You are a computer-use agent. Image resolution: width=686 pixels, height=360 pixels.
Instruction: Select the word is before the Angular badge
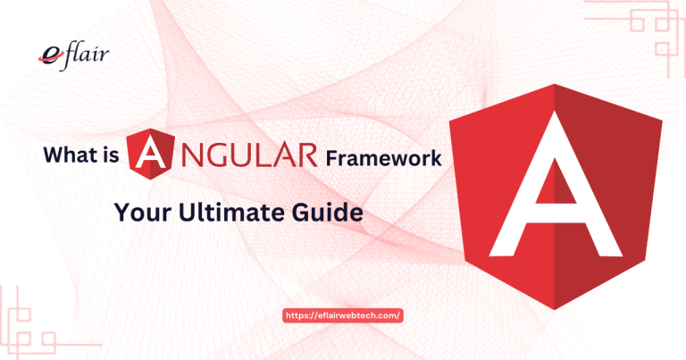pos(111,157)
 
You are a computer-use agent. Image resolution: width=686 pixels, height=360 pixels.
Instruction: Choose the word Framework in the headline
pos(382,157)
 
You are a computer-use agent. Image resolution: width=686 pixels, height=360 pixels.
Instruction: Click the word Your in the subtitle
pos(141,213)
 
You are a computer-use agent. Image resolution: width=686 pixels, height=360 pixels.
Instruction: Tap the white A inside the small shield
pos(148,155)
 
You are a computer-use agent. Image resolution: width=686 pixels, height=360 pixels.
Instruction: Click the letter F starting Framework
pos(331,157)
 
